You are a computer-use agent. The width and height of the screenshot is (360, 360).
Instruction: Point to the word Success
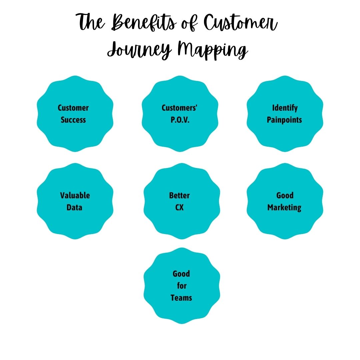tap(73, 120)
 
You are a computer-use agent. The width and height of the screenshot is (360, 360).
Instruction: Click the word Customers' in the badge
tap(180, 108)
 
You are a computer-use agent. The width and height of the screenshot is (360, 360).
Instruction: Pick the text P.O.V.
tap(180, 120)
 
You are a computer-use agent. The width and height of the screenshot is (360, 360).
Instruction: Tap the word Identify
tap(285, 108)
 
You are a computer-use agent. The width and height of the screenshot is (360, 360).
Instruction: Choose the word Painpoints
tap(284, 120)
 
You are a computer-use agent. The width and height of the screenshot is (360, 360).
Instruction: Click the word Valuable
tap(75, 195)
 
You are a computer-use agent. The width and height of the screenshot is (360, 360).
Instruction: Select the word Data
tap(75, 207)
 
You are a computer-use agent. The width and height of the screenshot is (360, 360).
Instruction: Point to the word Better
tap(179, 195)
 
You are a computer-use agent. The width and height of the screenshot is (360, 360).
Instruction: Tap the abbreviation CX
tap(179, 207)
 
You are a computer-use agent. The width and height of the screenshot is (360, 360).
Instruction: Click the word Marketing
tap(284, 207)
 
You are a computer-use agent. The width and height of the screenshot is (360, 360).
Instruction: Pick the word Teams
tap(181, 298)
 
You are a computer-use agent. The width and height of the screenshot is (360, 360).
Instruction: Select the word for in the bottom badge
tap(182, 286)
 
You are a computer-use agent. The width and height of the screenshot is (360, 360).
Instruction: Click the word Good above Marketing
tap(285, 195)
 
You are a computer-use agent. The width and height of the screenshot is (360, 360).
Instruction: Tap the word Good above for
tap(181, 274)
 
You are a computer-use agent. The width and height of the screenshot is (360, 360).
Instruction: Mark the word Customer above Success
tap(73, 108)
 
